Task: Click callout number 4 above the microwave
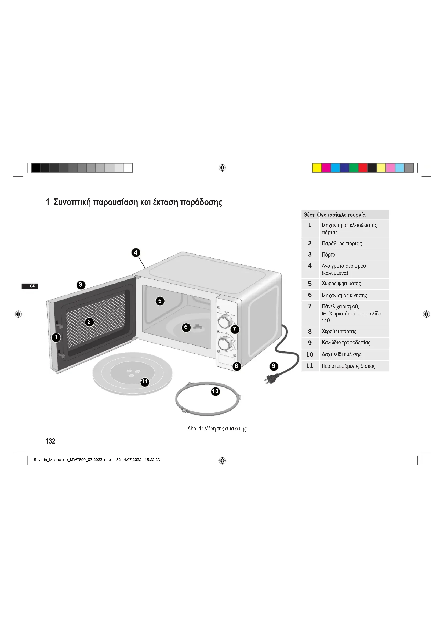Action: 136,252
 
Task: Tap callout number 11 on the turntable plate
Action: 145,382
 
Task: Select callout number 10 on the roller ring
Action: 216,391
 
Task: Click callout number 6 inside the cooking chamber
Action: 186,327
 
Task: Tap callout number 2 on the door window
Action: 89,322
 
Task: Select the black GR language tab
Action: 30,286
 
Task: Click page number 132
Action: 50,441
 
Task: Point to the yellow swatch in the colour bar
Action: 317,168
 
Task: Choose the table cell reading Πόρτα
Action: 328,255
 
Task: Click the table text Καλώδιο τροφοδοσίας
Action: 346,343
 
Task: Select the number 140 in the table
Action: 326,321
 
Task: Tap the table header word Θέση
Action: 309,215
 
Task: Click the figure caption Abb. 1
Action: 195,429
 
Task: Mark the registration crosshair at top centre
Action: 222,168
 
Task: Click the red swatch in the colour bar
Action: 363,168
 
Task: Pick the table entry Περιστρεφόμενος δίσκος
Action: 348,366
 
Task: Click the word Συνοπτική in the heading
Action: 72,202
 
